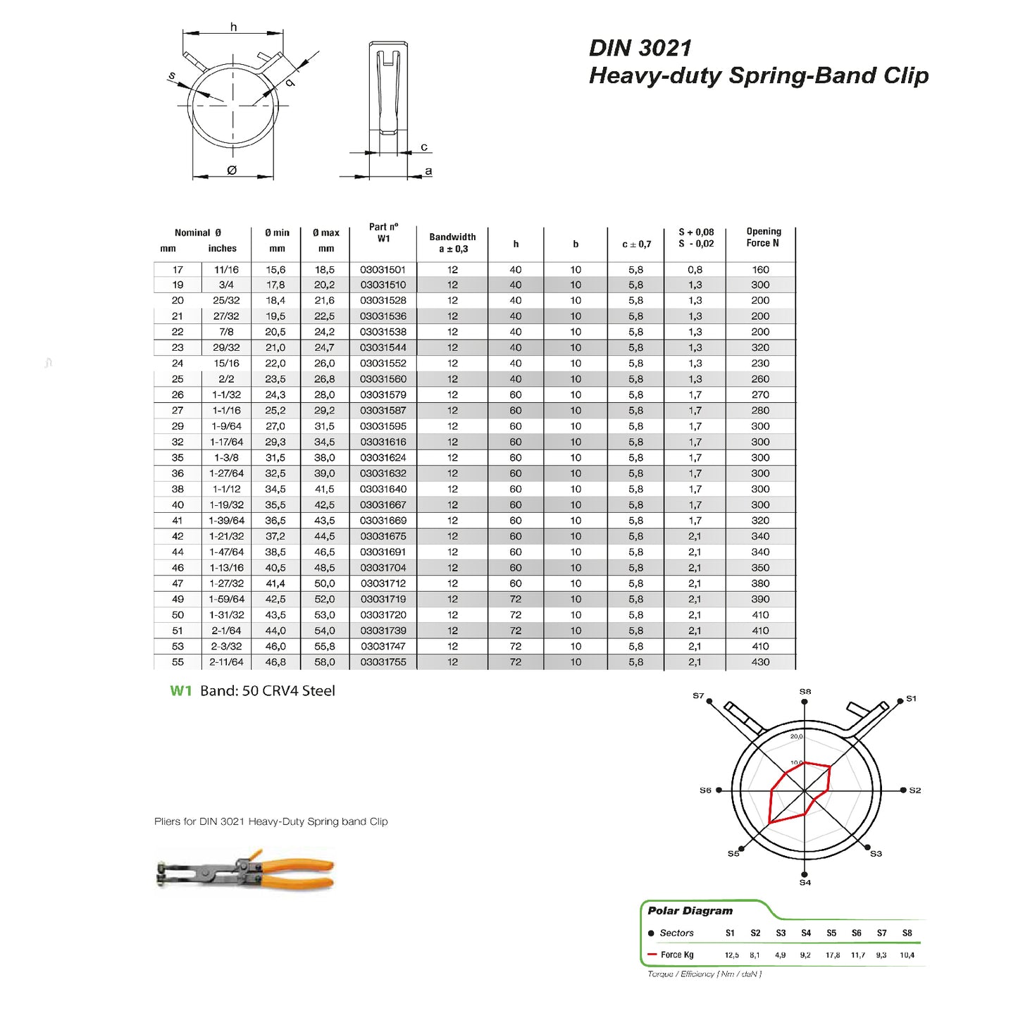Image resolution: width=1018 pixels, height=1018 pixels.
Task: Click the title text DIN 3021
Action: tap(640, 48)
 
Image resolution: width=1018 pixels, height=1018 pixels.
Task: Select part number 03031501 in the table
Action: tap(383, 270)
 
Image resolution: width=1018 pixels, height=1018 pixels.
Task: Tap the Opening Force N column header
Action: tap(763, 237)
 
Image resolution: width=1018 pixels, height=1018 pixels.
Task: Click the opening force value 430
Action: tap(760, 662)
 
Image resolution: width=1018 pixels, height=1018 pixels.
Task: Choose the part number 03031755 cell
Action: tap(383, 662)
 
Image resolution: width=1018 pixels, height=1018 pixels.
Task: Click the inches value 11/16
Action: tap(226, 270)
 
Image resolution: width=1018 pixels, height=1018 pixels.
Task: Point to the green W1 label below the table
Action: tap(181, 691)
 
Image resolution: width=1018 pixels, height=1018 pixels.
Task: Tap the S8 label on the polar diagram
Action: tap(805, 692)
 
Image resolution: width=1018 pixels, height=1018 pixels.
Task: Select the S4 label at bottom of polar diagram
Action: tap(805, 883)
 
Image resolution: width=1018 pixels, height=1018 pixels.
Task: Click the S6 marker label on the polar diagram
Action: tap(705, 790)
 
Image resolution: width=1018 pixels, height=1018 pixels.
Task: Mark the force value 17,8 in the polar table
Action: tap(832, 955)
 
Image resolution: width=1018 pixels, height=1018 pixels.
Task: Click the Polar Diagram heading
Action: tap(690, 911)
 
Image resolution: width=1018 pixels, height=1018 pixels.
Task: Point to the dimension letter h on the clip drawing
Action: tap(233, 27)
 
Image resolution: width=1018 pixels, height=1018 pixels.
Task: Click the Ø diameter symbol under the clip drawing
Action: tap(232, 170)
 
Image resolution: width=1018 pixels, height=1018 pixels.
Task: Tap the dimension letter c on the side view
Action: tap(424, 147)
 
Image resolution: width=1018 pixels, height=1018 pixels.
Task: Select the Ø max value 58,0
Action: tap(325, 662)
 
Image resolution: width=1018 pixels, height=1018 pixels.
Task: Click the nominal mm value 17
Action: tap(178, 270)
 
